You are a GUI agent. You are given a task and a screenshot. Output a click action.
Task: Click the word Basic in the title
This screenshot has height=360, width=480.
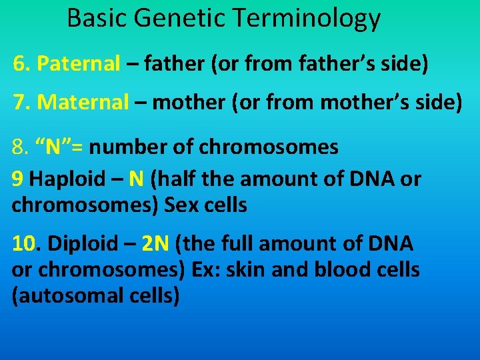97,18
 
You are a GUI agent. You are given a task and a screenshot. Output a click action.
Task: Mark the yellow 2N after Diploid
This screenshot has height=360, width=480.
155,244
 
